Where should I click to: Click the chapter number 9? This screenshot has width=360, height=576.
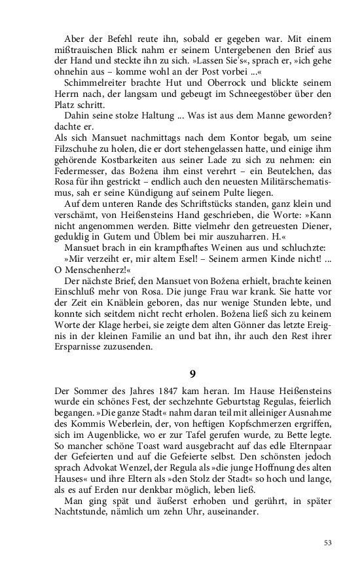[192, 374]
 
